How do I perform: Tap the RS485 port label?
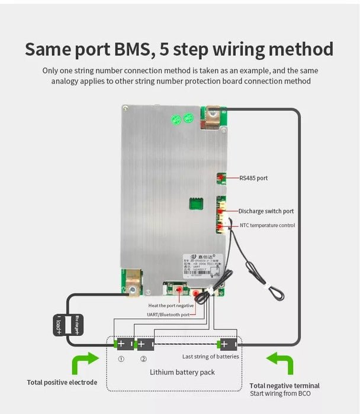254,177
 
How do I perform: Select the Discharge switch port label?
266,211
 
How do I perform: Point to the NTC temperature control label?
267,225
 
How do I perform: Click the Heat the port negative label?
171,306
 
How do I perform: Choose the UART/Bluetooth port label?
169,314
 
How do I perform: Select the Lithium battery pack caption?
182,372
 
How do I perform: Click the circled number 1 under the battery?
121,358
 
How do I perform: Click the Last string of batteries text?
210,357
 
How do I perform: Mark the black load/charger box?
67,325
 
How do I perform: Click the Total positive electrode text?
62,383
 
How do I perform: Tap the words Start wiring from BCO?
280,393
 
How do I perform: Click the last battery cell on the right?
228,344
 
